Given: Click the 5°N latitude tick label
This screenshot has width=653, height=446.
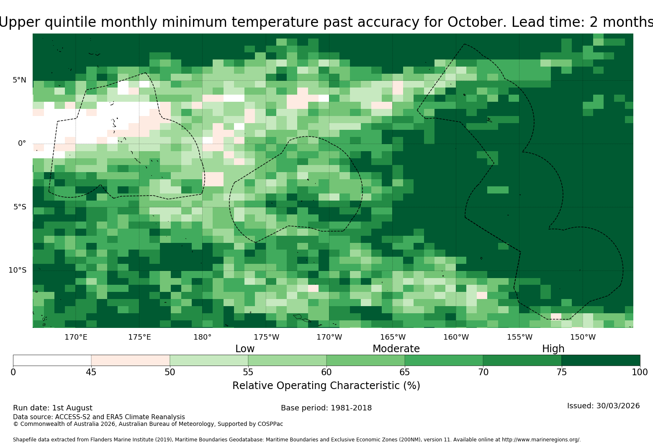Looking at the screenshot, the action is tap(19, 80).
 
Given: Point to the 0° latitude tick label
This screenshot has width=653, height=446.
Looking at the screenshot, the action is tap(22, 143).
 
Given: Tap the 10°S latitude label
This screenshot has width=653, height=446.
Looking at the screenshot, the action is tap(17, 270).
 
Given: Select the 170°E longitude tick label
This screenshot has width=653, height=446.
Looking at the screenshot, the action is tap(76, 337).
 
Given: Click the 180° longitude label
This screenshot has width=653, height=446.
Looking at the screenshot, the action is tap(202, 337).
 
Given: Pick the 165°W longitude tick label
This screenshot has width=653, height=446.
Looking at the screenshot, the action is tap(393, 337).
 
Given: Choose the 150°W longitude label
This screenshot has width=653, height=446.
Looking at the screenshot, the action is tap(583, 337).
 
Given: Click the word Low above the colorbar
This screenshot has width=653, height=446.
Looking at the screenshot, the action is tap(245, 349).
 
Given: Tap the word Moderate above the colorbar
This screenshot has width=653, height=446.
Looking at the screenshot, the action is tap(396, 349).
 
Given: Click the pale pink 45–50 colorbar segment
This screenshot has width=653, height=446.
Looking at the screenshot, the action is tap(131, 360).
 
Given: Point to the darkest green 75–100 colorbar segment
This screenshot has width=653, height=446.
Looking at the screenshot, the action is tap(601, 360).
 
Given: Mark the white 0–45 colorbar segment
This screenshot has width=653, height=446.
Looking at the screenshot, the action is tap(52, 360).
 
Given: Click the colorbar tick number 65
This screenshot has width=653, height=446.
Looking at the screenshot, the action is tap(405, 372).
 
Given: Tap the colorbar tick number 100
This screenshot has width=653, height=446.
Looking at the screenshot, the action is tap(640, 372).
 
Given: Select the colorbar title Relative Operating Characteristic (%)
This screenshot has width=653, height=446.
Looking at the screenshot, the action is tap(326, 386).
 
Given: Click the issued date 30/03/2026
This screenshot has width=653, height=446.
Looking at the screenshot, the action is tap(618, 406).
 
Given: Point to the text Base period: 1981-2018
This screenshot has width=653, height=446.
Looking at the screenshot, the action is tap(326, 408).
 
